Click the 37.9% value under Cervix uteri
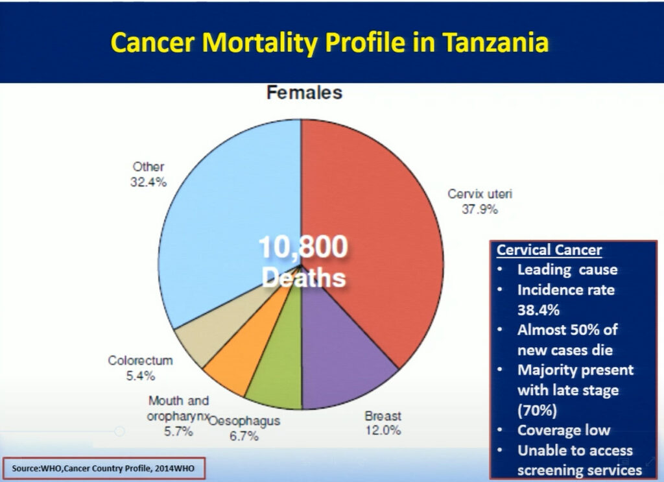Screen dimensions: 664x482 [x=480, y=210]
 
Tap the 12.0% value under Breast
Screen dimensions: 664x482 [x=383, y=430]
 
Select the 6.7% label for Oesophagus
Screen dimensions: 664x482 [x=244, y=436]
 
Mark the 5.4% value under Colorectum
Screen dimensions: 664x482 [x=141, y=376]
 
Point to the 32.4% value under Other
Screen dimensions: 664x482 [x=148, y=182]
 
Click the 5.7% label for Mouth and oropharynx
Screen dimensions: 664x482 [x=179, y=431]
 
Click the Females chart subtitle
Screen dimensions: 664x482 [x=305, y=93]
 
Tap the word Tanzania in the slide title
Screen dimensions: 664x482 [x=495, y=42]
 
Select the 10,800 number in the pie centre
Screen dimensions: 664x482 [x=303, y=247]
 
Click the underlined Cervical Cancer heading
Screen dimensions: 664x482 [x=549, y=250]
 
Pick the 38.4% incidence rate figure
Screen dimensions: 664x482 [x=538, y=310]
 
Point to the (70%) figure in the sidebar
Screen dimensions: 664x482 [x=537, y=410]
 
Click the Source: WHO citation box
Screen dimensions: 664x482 [x=104, y=468]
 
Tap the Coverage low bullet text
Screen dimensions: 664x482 [x=563, y=430]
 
